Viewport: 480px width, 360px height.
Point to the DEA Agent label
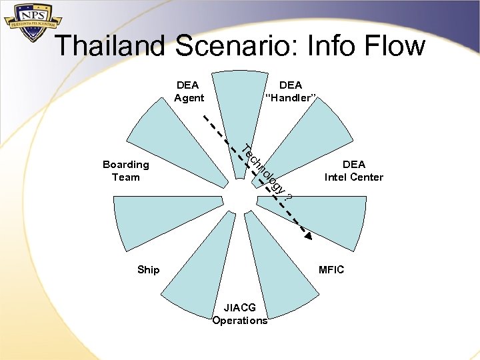pos(188,91)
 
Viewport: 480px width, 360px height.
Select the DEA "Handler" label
pos(291,91)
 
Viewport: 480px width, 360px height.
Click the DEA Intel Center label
pos(353,171)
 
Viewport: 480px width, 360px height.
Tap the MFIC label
pos(331,269)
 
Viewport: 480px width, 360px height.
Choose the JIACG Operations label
pos(240,314)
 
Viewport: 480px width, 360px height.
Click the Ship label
pos(148,269)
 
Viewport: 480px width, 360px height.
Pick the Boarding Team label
pos(125,171)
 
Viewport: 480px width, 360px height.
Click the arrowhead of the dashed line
pos(308,234)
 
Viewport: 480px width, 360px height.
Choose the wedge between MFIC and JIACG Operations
pos(280,273)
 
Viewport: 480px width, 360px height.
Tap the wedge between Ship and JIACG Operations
pos(197,273)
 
